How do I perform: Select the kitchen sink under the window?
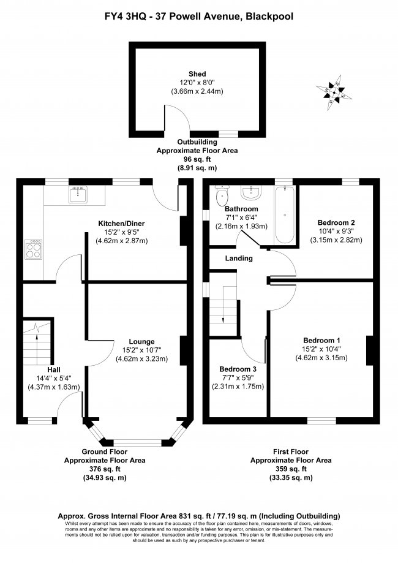[78, 195]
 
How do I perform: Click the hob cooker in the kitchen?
[32, 248]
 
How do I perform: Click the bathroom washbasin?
[252, 194]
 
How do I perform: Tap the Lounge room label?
[141, 341]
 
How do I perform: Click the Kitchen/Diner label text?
[125, 223]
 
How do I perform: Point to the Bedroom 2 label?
[336, 222]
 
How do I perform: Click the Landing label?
[238, 259]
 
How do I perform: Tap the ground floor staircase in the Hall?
[36, 349]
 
